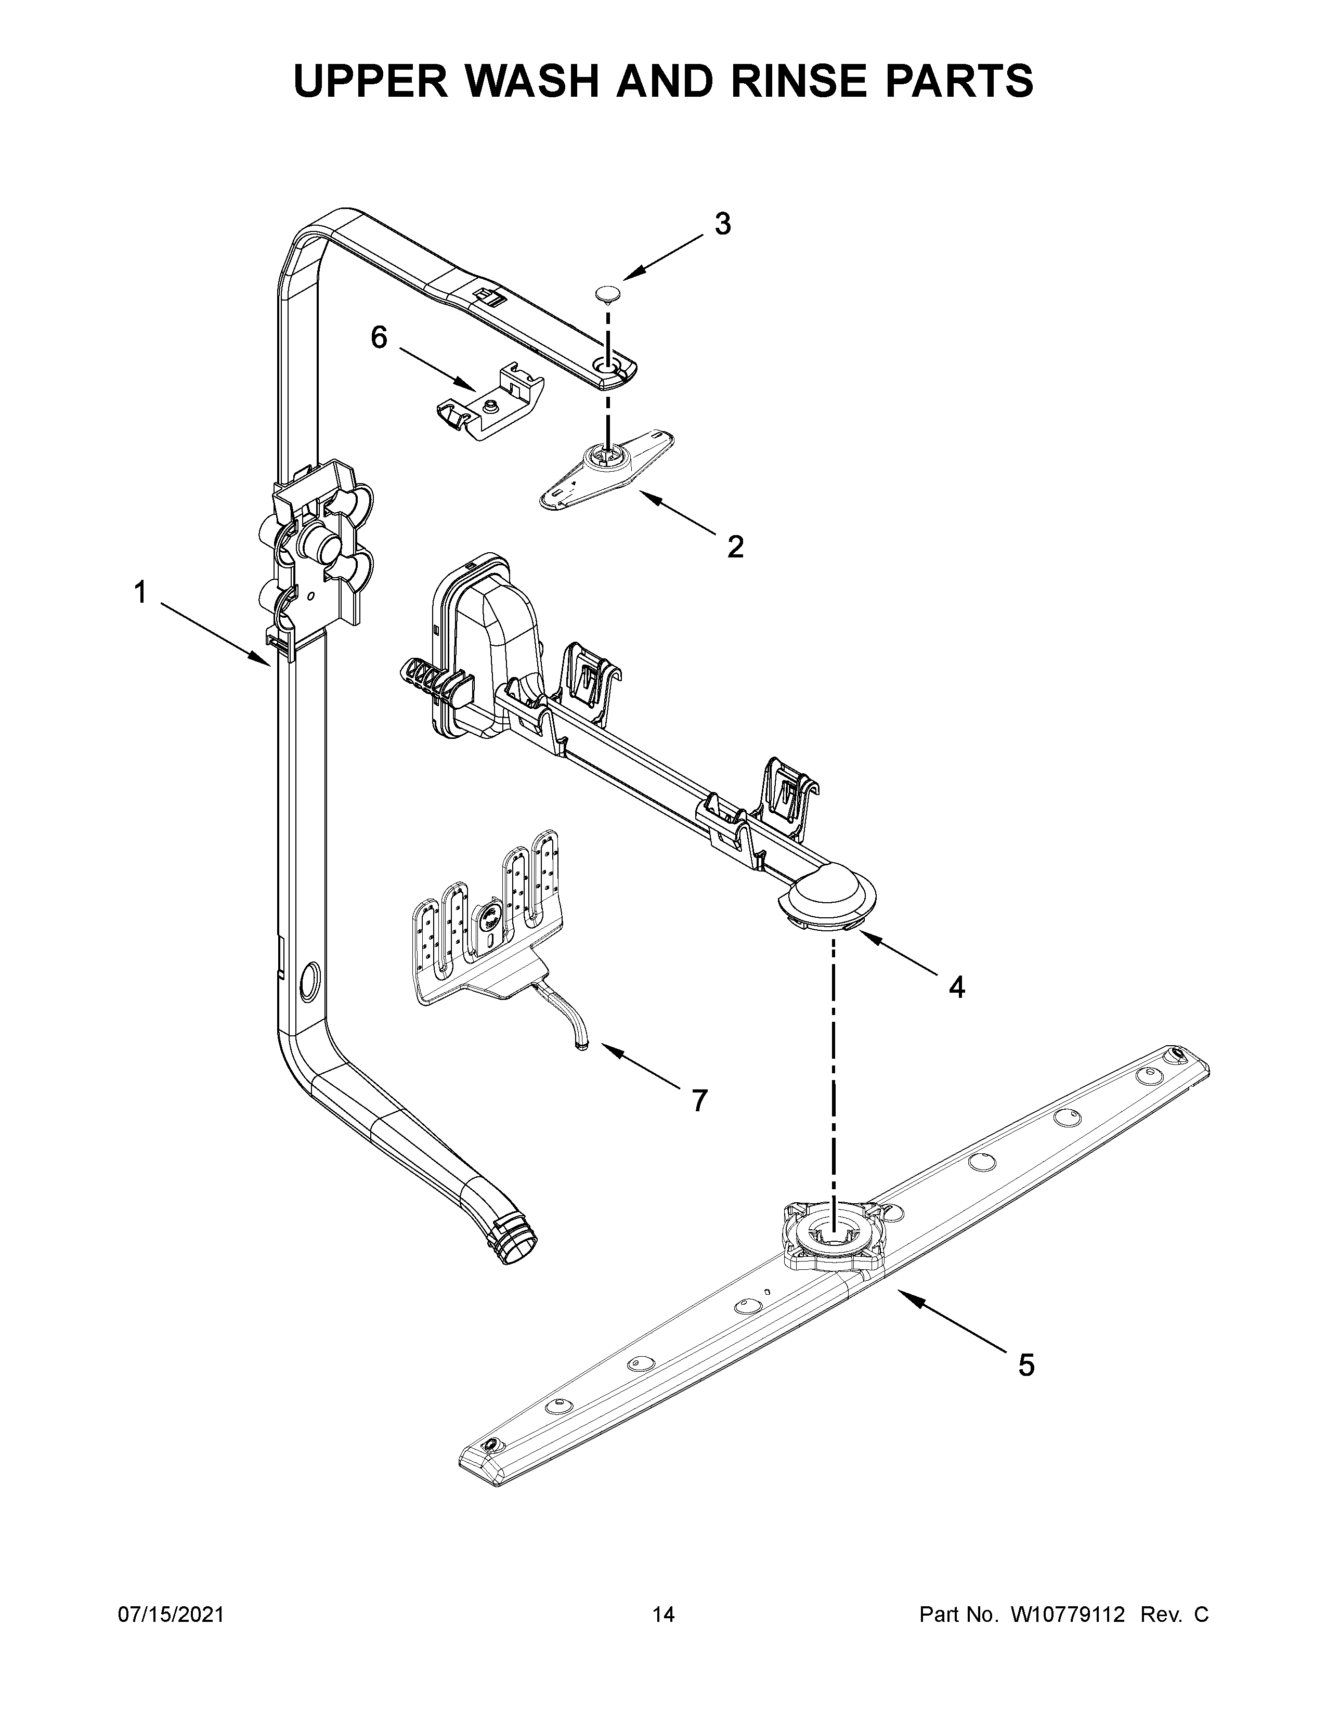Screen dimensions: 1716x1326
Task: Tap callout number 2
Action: click(734, 546)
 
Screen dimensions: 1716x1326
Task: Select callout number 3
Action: click(722, 225)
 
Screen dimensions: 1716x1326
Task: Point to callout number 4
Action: click(956, 987)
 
